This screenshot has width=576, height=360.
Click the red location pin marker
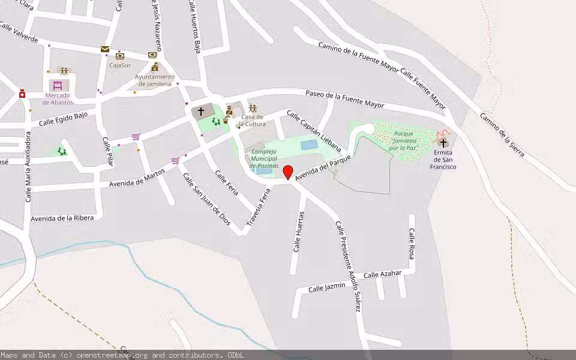click(288, 172)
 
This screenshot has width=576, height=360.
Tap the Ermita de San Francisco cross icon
click(443, 143)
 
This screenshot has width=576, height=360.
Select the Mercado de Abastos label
click(57, 98)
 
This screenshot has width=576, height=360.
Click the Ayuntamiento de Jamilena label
click(155, 80)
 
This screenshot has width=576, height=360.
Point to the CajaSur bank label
click(120, 65)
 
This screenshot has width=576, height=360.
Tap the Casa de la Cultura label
click(253, 120)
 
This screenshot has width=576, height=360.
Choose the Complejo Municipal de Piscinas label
click(265, 158)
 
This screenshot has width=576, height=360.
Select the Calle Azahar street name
click(382, 274)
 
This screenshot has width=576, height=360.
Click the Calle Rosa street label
click(412, 244)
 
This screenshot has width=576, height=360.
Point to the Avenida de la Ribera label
click(62, 218)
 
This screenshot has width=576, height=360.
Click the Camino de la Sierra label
click(502, 135)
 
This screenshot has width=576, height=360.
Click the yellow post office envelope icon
click(105, 49)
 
